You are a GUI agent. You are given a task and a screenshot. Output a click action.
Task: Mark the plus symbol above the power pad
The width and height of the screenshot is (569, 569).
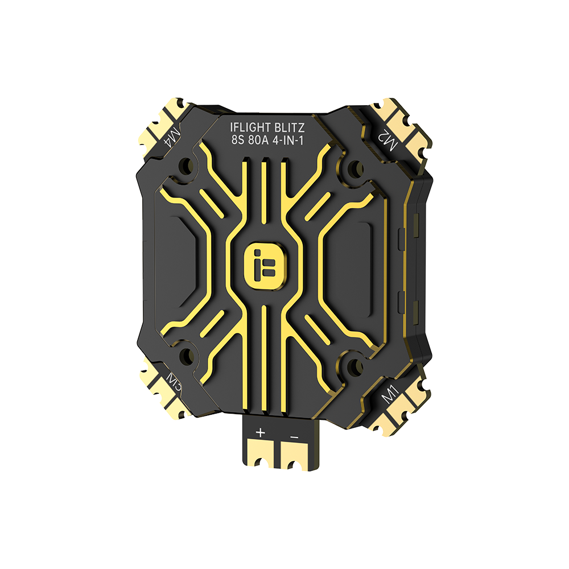coord(260,433)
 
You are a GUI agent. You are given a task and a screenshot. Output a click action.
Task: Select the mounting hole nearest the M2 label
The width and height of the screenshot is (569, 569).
coord(355,167)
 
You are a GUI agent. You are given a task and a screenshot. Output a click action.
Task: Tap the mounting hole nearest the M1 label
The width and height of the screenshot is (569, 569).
coord(354,365)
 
